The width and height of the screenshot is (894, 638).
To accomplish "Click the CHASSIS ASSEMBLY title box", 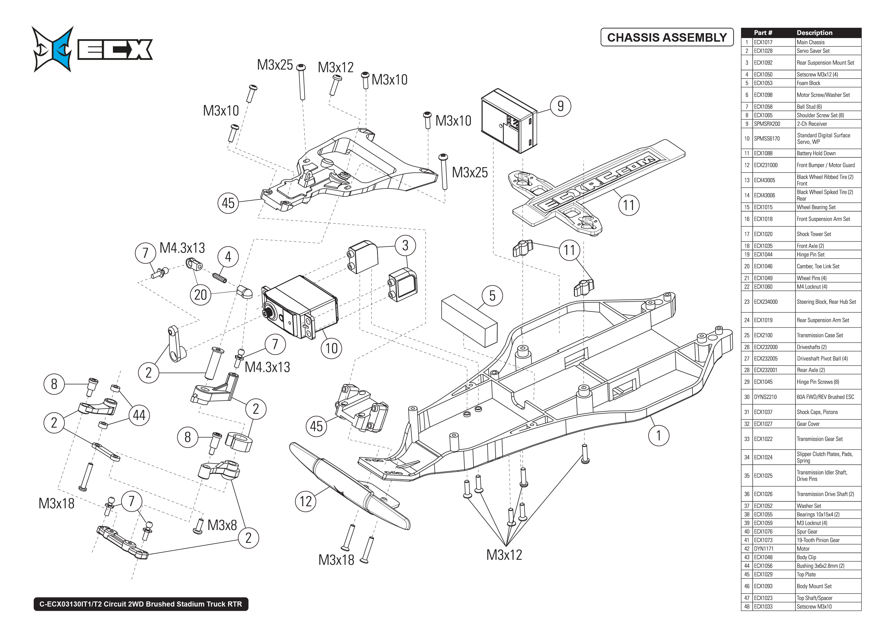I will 667,37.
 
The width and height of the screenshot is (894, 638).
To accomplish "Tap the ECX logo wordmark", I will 115,50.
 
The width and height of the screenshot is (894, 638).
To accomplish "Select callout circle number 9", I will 560,106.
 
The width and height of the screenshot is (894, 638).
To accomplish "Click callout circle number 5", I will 492,296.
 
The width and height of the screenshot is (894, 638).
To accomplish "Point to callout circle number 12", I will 306,501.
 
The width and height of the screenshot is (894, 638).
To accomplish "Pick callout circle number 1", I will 659,436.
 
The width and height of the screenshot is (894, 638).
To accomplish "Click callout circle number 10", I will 331,348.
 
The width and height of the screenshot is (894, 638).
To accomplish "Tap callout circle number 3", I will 405,245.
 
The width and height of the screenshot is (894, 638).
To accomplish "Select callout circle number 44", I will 139,415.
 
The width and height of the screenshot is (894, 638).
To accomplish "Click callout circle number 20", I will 201,295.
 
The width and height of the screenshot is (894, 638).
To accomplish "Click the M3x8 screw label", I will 222,525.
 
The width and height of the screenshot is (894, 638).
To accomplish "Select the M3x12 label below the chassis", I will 504,555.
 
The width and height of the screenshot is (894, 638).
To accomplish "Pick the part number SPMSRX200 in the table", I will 767,124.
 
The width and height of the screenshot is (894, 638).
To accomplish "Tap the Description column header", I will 814,33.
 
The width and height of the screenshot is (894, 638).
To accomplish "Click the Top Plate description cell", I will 806,574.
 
